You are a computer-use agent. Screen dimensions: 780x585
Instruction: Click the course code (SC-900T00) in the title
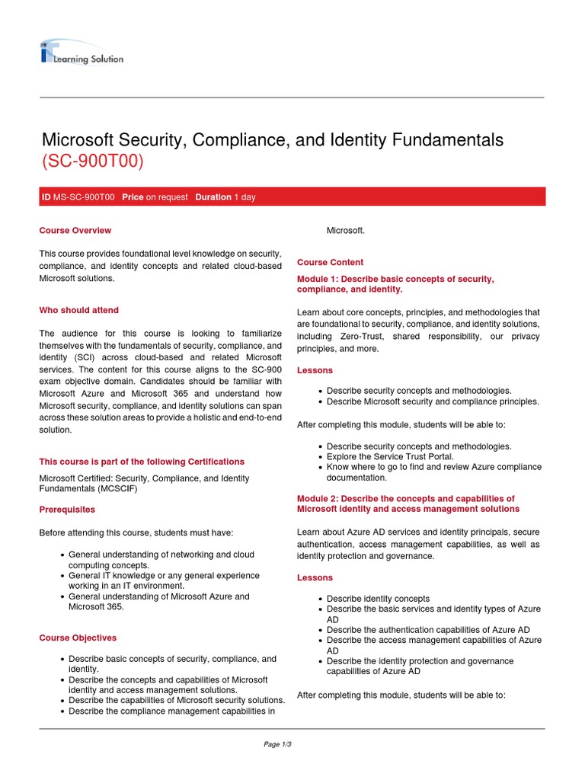point(91,162)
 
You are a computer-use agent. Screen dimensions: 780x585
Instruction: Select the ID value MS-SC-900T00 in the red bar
point(84,197)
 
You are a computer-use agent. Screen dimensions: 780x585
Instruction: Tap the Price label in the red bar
point(133,197)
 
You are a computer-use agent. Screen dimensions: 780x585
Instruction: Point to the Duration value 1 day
point(245,197)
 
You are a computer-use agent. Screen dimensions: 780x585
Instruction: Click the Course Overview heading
point(75,230)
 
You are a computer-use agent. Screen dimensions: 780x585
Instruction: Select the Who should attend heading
point(78,310)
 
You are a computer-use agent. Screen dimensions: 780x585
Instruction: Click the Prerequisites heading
point(67,508)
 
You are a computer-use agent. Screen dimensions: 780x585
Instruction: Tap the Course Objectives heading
point(78,638)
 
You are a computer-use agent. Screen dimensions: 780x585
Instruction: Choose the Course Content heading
point(330,262)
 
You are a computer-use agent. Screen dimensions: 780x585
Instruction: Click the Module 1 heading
point(395,284)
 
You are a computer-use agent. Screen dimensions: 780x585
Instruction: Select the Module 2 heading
point(408,503)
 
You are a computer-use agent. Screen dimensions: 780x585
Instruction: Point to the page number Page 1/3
point(278,744)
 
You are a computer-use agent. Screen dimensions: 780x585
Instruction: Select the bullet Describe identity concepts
point(378,599)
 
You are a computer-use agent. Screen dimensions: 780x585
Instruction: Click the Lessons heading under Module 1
point(315,370)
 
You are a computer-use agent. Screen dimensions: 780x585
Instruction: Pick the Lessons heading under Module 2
point(315,578)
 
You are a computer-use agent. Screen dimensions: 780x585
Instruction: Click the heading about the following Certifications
point(142,462)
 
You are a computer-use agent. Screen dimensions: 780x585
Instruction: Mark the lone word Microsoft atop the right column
point(346,230)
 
